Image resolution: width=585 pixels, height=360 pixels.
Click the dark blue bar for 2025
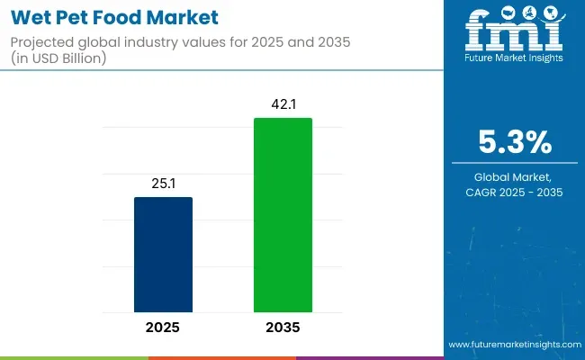coord(163,256)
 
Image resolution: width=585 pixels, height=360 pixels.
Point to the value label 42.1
coord(283,104)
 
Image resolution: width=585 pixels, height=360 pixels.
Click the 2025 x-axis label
coord(163,328)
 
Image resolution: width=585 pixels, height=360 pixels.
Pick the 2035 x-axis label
coord(283,328)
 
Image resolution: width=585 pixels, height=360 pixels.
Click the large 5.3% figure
coord(513,142)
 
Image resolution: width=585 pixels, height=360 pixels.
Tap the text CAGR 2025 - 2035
coord(513,193)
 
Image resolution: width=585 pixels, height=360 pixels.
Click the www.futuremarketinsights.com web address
coord(513,345)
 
